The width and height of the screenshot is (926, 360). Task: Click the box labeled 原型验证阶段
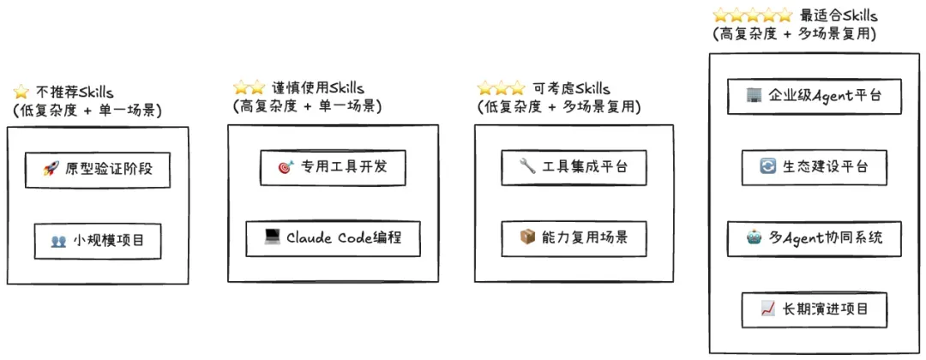[97, 170]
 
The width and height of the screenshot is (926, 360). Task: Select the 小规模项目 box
[97, 242]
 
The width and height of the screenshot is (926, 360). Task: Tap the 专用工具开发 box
[333, 167]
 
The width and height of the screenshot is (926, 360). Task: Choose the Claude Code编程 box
[333, 237]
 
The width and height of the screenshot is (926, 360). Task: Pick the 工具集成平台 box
[573, 167]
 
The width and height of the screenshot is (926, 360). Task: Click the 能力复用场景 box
[573, 237]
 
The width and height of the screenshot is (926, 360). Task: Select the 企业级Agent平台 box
[813, 96]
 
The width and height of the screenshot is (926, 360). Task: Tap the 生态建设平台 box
[813, 167]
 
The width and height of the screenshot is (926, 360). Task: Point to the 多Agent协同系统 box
[813, 238]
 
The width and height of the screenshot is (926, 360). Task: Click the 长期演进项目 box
[813, 309]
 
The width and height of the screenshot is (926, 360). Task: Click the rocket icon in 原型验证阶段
[51, 170]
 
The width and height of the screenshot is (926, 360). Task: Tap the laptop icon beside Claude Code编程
[273, 237]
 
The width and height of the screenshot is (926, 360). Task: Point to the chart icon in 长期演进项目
[767, 309]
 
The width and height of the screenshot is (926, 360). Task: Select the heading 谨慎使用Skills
[318, 88]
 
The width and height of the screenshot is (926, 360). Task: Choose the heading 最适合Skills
[839, 15]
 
